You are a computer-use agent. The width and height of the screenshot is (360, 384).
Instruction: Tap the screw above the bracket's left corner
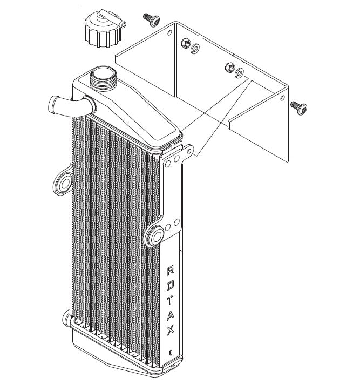coord(151,19)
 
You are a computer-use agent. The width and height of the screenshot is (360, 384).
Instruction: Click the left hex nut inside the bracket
coord(185,43)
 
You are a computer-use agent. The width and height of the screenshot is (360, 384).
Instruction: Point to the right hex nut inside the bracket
coord(228,67)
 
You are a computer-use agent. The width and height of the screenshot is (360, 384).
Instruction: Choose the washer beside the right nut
coord(239,72)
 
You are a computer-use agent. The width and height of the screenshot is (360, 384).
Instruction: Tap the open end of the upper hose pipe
coord(53,102)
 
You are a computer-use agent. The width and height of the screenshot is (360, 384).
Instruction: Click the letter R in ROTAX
coord(170,269)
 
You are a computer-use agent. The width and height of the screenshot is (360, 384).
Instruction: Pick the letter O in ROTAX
coord(170,283)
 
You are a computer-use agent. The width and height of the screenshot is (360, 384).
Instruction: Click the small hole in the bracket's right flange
coord(283,98)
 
